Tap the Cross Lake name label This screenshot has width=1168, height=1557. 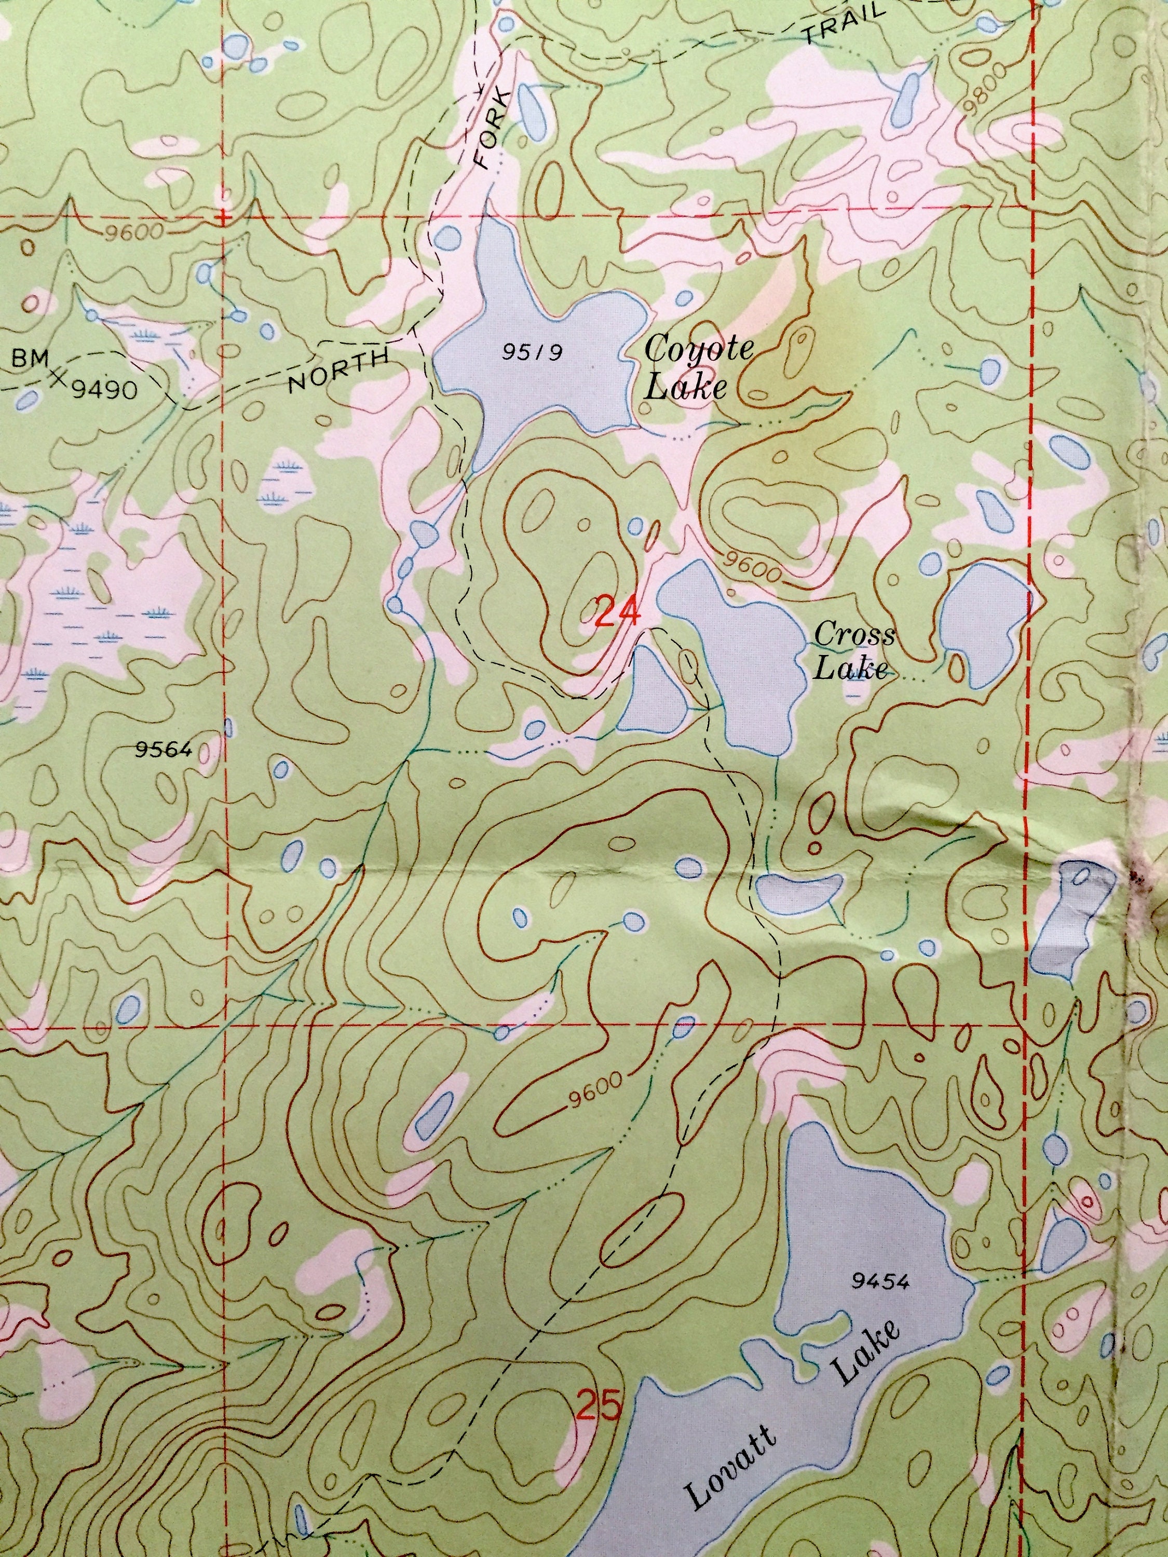click(853, 652)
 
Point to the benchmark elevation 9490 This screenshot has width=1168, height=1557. click(104, 389)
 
